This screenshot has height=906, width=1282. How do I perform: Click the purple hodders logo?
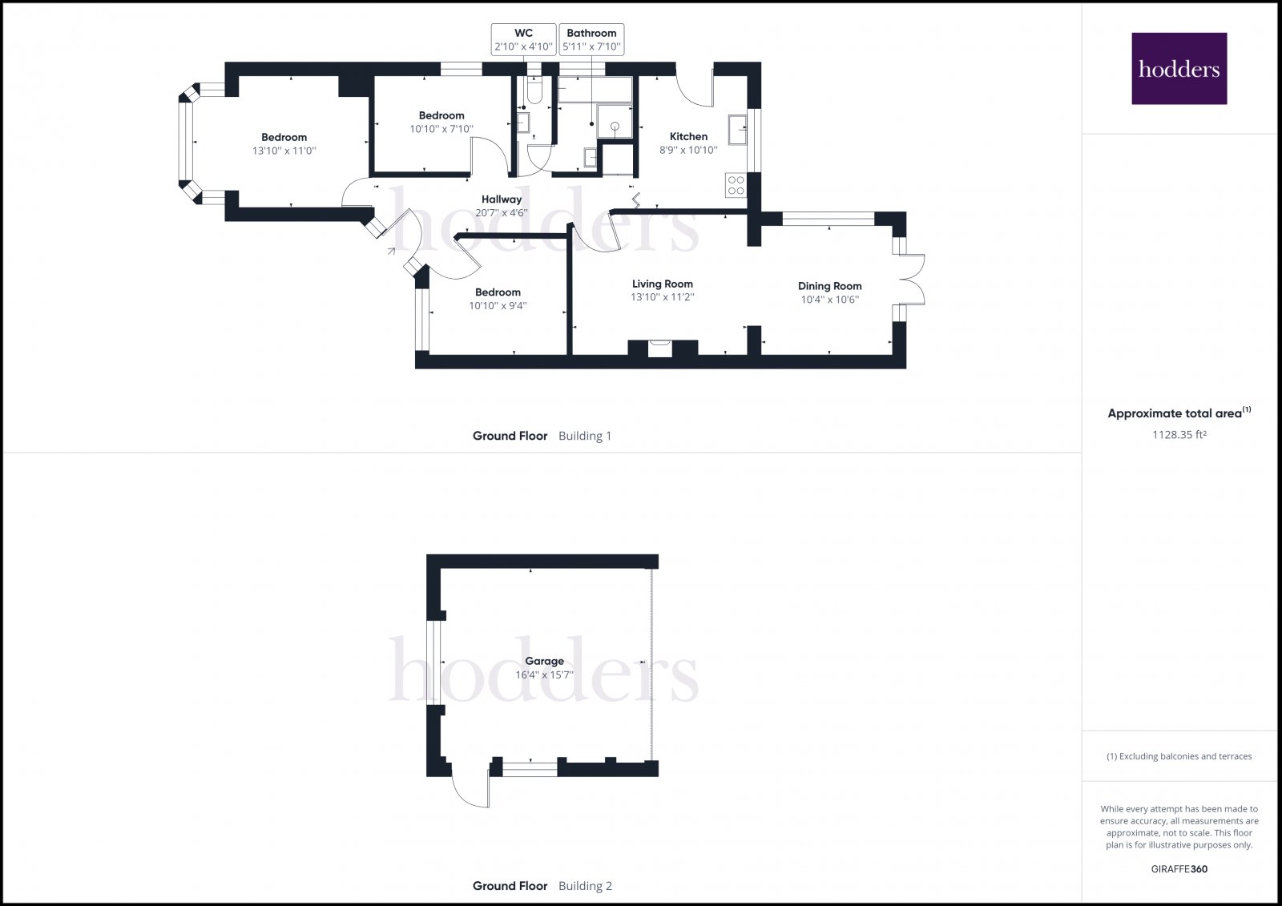coord(1179,68)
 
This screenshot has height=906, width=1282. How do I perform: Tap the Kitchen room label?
coord(688,136)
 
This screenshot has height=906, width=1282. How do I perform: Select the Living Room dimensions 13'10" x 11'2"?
coord(662,297)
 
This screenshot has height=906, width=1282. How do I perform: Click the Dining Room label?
coord(829,286)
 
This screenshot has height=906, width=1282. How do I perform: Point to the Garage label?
coord(544,661)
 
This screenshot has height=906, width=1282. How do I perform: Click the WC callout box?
coord(523,39)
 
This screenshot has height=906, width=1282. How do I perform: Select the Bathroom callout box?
coord(591,39)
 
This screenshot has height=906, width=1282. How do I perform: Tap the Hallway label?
coord(502,199)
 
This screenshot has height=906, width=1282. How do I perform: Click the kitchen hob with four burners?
coord(736,186)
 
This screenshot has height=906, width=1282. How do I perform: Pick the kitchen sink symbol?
coord(737,128)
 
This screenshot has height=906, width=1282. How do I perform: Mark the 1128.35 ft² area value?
coord(1179,435)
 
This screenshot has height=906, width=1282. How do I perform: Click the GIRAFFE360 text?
coord(1179,869)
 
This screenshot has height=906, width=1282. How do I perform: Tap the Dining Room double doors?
coord(912,279)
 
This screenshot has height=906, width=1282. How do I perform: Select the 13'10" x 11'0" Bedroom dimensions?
coord(284,151)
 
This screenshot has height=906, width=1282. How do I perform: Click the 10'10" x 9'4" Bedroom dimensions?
coord(498,306)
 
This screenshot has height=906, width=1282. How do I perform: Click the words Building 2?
coord(585,886)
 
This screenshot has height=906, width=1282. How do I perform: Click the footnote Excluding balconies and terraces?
coord(1179,756)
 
